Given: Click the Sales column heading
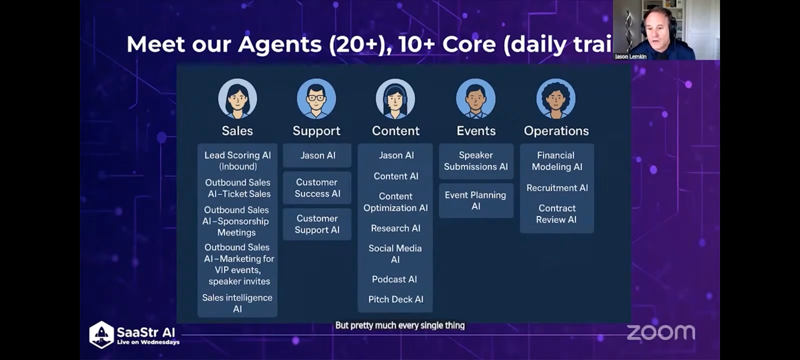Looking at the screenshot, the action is pos(237,131).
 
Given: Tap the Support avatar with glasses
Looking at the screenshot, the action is pos(316,99).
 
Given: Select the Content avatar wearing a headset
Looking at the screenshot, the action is pos(395,99).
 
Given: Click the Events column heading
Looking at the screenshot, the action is pos(476,131).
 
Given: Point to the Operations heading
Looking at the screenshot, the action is pos(556,131).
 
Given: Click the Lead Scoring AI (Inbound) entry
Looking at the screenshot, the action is pos(238,161).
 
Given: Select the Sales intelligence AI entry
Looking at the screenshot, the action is pos(237,303).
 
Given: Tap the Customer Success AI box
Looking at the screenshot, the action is pos(317,188).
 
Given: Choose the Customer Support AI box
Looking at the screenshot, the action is pos(317,224).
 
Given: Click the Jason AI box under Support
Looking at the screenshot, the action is pos(317,155).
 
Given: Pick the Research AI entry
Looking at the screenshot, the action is pos(396,228).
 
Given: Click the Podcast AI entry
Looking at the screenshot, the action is pos(394,279).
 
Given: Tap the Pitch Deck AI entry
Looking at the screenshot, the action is pos(396,299).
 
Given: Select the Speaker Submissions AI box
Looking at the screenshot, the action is pos(476,161).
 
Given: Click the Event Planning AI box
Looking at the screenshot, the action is pos(476,200).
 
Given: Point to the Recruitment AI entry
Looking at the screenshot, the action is pos(557,188).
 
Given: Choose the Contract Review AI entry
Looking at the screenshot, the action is pos(557,214).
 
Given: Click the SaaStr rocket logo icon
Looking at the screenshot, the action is pos(101,334).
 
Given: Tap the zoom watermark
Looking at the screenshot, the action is pos(661,332).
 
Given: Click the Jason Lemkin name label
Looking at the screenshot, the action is pos(630,57).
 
